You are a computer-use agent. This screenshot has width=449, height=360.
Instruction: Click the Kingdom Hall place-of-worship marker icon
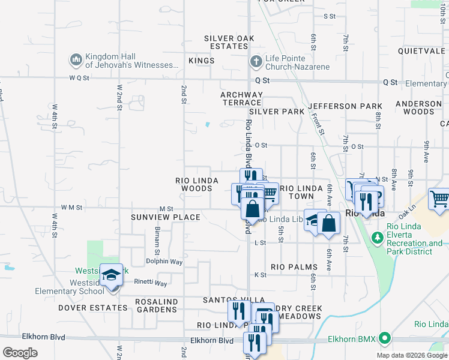point(76,60)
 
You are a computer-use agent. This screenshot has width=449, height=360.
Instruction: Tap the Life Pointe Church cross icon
point(256,61)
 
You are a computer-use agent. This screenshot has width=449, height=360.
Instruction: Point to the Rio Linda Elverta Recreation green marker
point(378,239)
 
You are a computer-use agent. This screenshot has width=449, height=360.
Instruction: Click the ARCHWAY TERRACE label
point(241,99)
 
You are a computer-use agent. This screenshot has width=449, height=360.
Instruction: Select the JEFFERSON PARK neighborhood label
point(345,106)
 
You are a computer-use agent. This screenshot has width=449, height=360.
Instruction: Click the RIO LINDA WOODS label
point(194,184)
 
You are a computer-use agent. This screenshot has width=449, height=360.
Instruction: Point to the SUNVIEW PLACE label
point(166,217)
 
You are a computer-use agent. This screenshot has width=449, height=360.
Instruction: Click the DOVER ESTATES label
point(93,308)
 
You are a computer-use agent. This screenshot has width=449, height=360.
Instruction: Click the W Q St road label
point(79,78)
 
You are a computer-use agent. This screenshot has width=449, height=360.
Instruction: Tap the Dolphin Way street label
point(164,262)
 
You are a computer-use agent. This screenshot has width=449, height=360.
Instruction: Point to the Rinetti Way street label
point(151,283)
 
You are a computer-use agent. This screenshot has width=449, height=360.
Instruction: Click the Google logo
point(20,352)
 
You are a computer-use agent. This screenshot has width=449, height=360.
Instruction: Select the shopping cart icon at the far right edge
point(439,199)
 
